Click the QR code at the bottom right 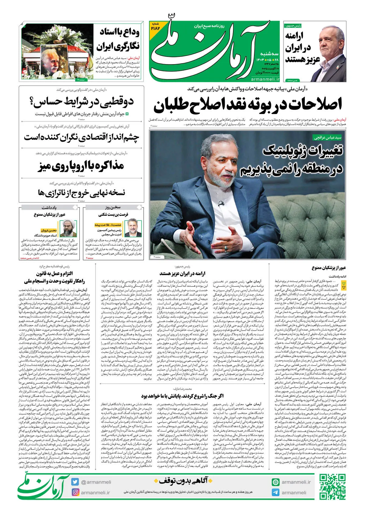click(x=332, y=487)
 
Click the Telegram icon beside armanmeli click(x=276, y=492)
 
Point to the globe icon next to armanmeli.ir click(x=276, y=482)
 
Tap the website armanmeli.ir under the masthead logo click(x=265, y=79)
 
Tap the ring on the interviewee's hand click(x=226, y=248)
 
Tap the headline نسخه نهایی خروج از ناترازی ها click(x=81, y=192)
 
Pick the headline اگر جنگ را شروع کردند click(x=182, y=396)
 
